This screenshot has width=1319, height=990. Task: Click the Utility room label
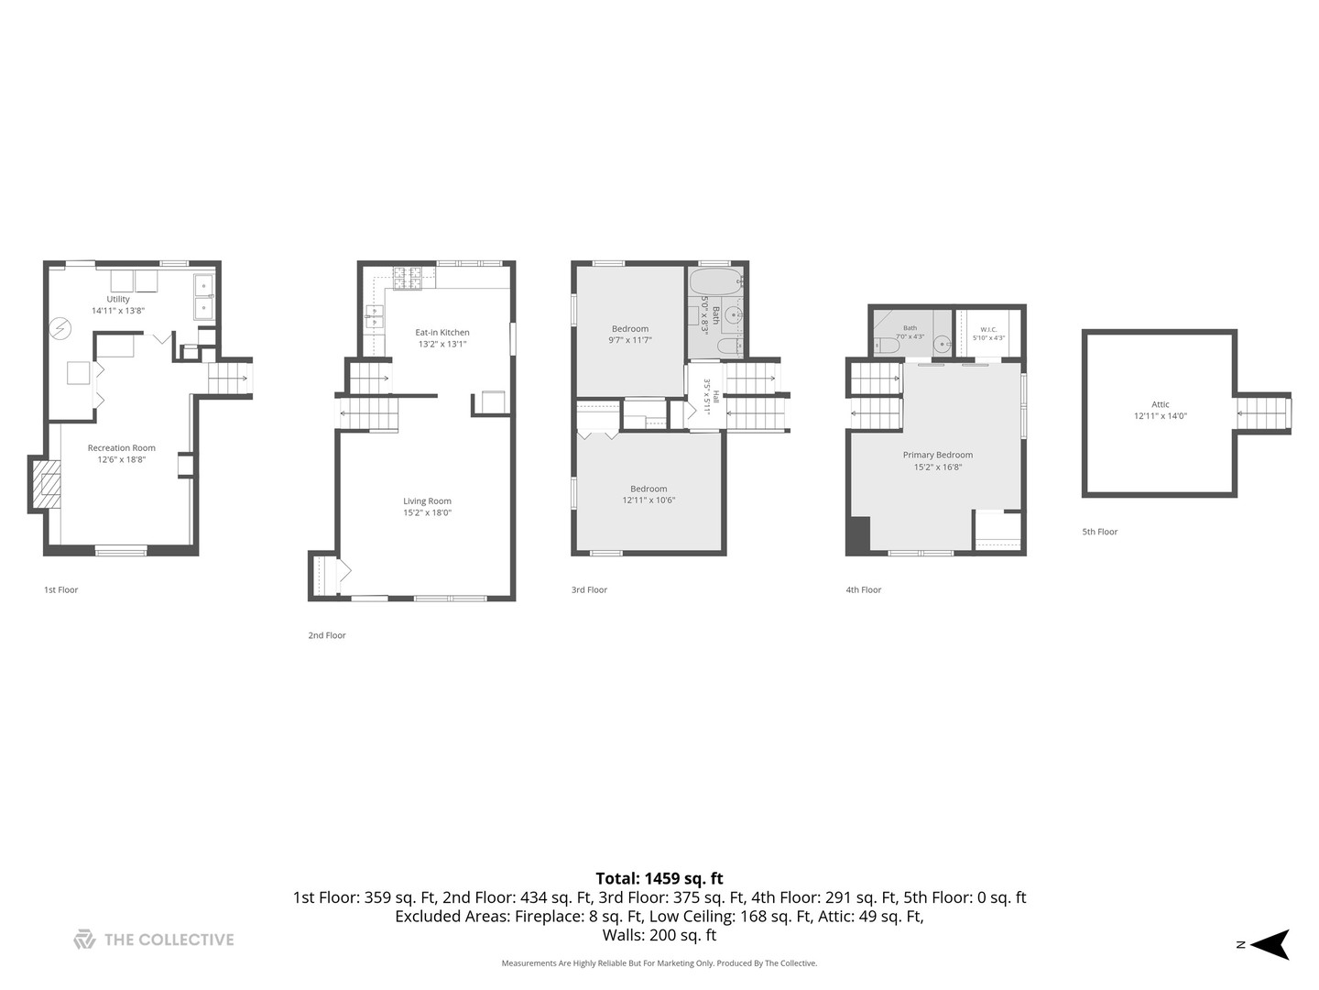(x=118, y=299)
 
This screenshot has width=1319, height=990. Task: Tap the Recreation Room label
(x=122, y=448)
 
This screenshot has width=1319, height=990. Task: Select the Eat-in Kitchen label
(x=442, y=333)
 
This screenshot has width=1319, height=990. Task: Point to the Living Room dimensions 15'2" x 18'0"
(x=427, y=512)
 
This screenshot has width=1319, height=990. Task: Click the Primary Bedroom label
(x=937, y=455)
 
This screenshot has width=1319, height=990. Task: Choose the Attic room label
(x=1161, y=404)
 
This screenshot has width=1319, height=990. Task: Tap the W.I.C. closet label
(x=988, y=329)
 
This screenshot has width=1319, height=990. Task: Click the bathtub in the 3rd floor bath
(x=715, y=281)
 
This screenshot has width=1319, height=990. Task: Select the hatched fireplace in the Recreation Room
(x=47, y=484)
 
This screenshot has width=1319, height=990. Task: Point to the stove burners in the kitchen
(x=407, y=279)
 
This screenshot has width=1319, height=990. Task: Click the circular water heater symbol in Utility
(x=60, y=328)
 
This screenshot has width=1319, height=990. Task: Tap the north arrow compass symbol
(x=1270, y=944)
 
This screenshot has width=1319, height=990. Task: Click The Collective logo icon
(x=85, y=939)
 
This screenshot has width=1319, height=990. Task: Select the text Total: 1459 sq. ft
(x=659, y=878)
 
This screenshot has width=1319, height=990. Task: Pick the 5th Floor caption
(x=1100, y=532)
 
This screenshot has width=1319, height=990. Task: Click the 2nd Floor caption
(x=327, y=634)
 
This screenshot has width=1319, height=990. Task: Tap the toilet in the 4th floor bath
(x=887, y=346)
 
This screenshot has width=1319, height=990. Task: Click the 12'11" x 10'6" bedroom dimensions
(x=649, y=500)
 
